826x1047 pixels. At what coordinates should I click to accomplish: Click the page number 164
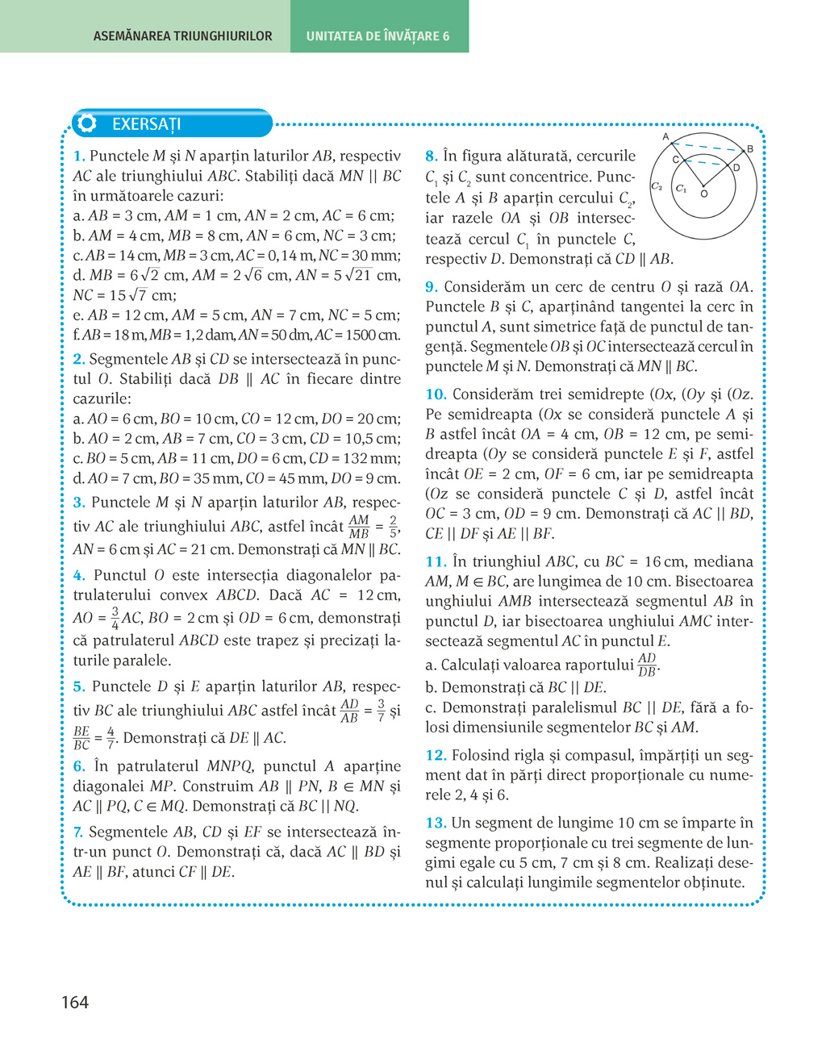pos(75,1002)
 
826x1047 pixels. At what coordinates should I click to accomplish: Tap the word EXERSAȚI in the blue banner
pos(146,124)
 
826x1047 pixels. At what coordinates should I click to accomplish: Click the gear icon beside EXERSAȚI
pos(87,123)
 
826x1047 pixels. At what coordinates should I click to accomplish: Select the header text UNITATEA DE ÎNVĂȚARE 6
pos(378,35)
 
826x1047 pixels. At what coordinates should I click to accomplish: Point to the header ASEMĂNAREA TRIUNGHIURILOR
pos(182,35)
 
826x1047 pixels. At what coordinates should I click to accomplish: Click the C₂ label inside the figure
pos(657,186)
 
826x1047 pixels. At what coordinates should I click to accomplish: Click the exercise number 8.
pos(431,156)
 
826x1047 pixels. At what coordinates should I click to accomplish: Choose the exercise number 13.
pos(436,823)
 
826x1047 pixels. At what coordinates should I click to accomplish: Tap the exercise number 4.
pos(78,575)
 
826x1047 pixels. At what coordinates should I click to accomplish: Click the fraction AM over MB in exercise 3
pos(358,527)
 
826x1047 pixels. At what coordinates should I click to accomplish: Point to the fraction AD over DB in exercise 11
pos(647,665)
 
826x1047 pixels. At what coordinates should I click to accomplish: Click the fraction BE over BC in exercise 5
pos(81,737)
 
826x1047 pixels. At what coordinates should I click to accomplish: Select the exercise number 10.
pos(436,394)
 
